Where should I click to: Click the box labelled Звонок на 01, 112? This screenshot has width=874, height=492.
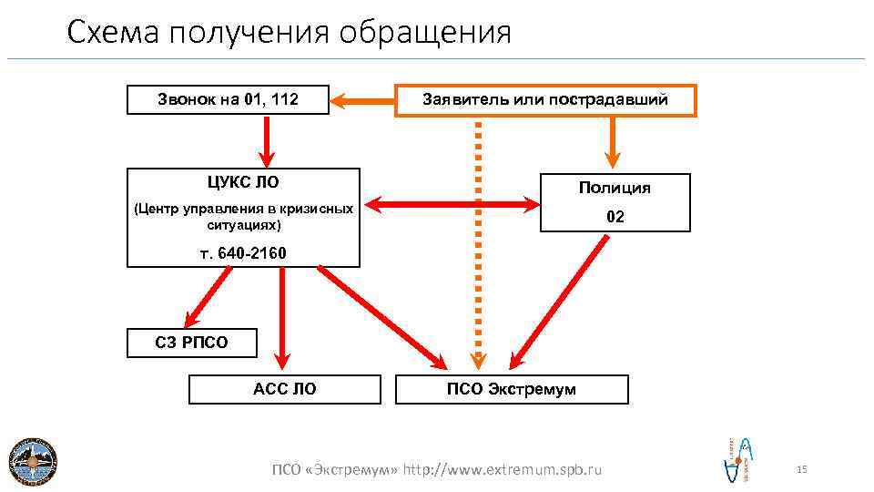pos(227,99)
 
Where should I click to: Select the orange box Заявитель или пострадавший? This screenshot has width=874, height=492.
pos(545,99)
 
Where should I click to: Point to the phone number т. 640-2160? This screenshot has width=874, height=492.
pos(243,252)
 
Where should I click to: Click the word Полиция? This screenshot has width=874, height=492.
pos(615,188)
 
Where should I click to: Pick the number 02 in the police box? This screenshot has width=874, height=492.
pos(615,218)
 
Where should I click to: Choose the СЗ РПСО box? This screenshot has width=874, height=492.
pos(191,343)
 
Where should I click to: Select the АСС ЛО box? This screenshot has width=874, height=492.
pos(285,389)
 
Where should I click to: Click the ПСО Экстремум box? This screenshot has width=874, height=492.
pos(512,389)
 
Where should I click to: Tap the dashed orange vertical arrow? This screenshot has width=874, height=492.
pos(478,246)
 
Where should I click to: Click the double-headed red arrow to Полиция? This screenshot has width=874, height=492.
pos(451,206)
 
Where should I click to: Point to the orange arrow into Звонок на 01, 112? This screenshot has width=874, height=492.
pos(361,99)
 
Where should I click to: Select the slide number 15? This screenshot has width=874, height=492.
pos(801,469)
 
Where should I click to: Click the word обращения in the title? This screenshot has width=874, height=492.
pos(425,33)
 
